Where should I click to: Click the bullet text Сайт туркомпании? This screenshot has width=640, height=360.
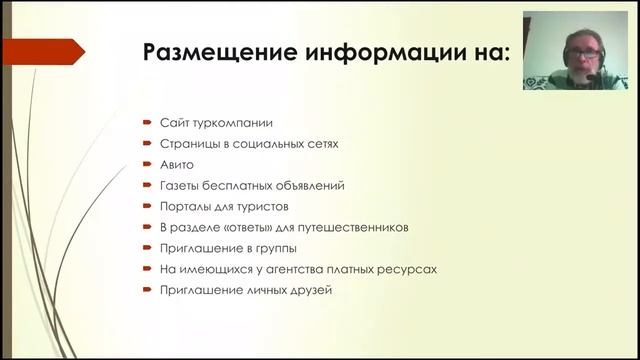(x=216, y=122)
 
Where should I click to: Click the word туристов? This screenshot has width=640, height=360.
(x=260, y=206)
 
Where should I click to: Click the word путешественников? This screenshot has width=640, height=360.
(x=357, y=227)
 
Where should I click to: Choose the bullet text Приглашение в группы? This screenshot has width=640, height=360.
(x=227, y=248)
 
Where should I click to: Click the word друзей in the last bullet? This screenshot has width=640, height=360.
(x=310, y=290)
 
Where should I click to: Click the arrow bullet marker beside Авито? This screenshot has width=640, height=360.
(x=147, y=164)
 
